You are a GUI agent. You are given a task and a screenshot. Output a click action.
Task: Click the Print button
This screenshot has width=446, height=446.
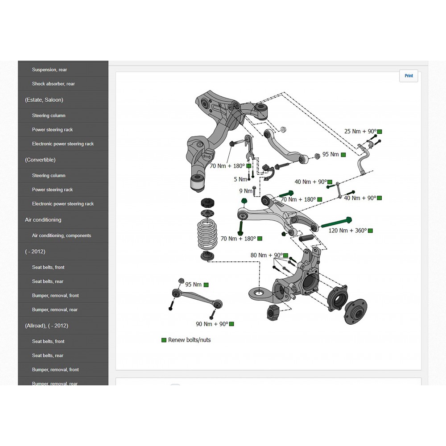(x=409, y=76)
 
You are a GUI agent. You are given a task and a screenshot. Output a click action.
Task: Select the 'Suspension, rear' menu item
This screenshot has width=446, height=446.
(x=50, y=70)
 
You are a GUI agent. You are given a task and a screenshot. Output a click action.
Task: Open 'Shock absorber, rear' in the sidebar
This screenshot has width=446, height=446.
(x=53, y=84)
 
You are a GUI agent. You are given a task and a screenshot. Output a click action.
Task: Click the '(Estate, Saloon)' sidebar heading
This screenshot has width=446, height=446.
(x=44, y=100)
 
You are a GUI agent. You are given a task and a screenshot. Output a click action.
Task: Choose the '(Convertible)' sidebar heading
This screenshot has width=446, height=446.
(x=40, y=160)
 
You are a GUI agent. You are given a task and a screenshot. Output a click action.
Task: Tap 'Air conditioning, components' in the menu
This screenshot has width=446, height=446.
(x=61, y=235)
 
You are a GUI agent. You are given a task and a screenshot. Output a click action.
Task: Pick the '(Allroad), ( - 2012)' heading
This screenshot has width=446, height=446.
(x=46, y=326)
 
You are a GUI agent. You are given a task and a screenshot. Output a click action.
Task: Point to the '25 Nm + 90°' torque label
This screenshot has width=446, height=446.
(x=360, y=132)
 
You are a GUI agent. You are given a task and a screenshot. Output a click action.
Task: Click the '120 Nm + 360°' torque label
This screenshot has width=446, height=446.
(x=347, y=231)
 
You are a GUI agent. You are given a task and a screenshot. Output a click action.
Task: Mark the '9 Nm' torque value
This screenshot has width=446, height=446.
(x=245, y=191)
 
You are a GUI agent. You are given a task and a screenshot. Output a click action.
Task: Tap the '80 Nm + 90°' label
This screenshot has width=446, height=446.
(x=266, y=255)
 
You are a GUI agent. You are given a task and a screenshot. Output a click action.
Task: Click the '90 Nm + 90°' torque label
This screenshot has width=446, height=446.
(x=212, y=324)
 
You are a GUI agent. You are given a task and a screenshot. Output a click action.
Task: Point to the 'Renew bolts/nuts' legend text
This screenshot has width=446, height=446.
(x=189, y=340)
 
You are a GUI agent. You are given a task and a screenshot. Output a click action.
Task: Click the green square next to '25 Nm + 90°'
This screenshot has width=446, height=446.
(x=380, y=132)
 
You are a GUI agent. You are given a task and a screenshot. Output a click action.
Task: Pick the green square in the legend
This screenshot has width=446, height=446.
(x=164, y=340)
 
